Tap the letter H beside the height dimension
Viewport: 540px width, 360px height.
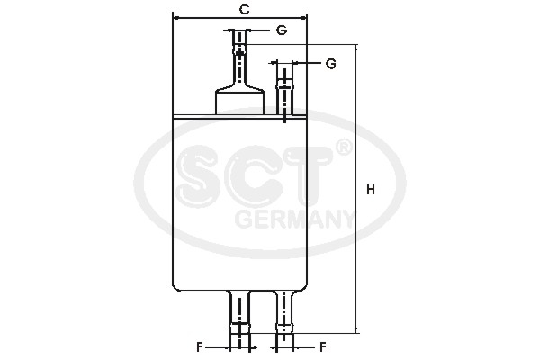(371, 190)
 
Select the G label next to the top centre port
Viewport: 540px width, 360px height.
(282, 31)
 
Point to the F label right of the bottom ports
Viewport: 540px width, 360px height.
(321, 346)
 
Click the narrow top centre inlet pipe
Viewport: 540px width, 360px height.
(239, 58)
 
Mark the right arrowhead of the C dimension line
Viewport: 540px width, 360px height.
(305, 17)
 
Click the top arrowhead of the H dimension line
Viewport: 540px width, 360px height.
(357, 47)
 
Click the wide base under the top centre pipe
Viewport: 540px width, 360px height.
(239, 101)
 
